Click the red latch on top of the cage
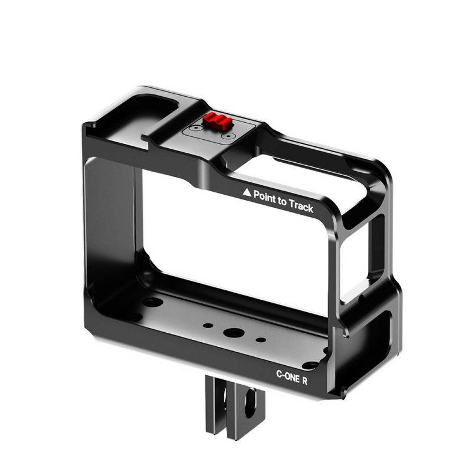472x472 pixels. (x=215, y=122)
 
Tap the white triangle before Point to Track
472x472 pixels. (x=247, y=192)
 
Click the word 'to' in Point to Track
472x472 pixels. (x=282, y=201)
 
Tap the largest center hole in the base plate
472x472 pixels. (x=231, y=332)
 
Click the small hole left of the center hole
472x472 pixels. (x=207, y=325)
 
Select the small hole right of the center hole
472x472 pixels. (x=260, y=340)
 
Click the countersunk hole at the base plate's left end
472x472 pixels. (x=152, y=302)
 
